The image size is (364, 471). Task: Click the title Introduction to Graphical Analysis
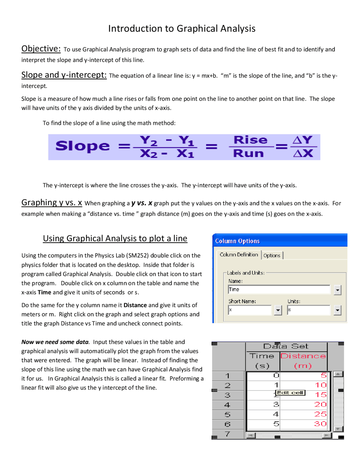tap(182, 28)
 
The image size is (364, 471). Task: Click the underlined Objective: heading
tap(41, 49)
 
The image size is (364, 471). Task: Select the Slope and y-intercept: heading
tap(64, 75)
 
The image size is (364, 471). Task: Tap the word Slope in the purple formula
tap(82, 146)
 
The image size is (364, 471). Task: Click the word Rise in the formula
tap(250, 140)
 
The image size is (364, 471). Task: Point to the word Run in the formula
tap(248, 153)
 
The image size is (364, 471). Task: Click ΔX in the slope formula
tap(303, 154)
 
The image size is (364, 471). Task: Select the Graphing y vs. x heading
tap(52, 203)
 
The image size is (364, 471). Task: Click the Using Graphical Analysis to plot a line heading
tap(115, 238)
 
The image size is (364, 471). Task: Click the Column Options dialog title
tap(237, 241)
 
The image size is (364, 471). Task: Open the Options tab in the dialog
tap(272, 255)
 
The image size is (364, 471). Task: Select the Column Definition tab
tap(239, 255)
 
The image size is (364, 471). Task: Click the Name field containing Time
tap(279, 290)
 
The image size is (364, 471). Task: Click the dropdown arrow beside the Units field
tap(337, 310)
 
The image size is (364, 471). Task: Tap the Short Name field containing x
tap(250, 310)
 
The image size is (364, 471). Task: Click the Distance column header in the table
tap(303, 356)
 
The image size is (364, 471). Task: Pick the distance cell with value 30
tap(320, 424)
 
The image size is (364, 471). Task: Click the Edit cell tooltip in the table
tap(290, 393)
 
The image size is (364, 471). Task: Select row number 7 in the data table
tap(227, 434)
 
